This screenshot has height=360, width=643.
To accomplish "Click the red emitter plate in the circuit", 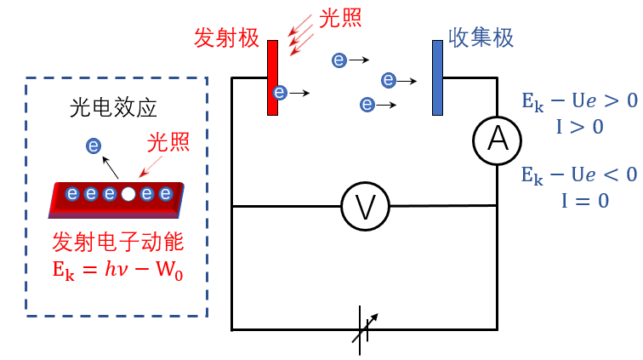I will tap(272, 77).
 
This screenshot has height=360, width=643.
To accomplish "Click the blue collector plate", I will tap(437, 77).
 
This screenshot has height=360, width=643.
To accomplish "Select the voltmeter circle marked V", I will tap(364, 206).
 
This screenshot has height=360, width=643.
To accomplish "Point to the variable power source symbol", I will tap(363, 330).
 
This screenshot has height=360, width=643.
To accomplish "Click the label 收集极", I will tap(481, 38).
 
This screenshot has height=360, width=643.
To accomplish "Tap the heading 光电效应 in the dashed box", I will tap(112, 108).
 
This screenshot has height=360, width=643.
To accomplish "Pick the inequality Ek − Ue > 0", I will tap(578, 101).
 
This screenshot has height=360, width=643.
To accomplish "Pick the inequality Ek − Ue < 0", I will tap(578, 175).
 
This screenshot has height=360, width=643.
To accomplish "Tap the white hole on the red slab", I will tap(128, 194).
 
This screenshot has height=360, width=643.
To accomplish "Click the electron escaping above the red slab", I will tap(94, 147).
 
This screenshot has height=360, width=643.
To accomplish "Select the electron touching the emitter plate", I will tap(281, 91).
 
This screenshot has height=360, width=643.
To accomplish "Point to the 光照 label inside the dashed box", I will tap(167, 140).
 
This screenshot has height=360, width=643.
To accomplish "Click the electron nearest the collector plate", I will tap(389, 81).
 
